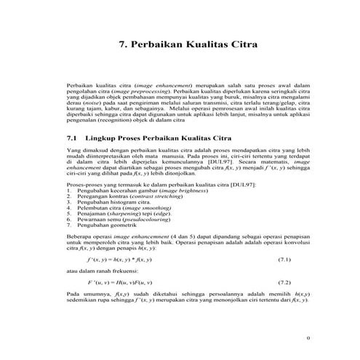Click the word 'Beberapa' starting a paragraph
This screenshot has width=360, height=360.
coord(78,236)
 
